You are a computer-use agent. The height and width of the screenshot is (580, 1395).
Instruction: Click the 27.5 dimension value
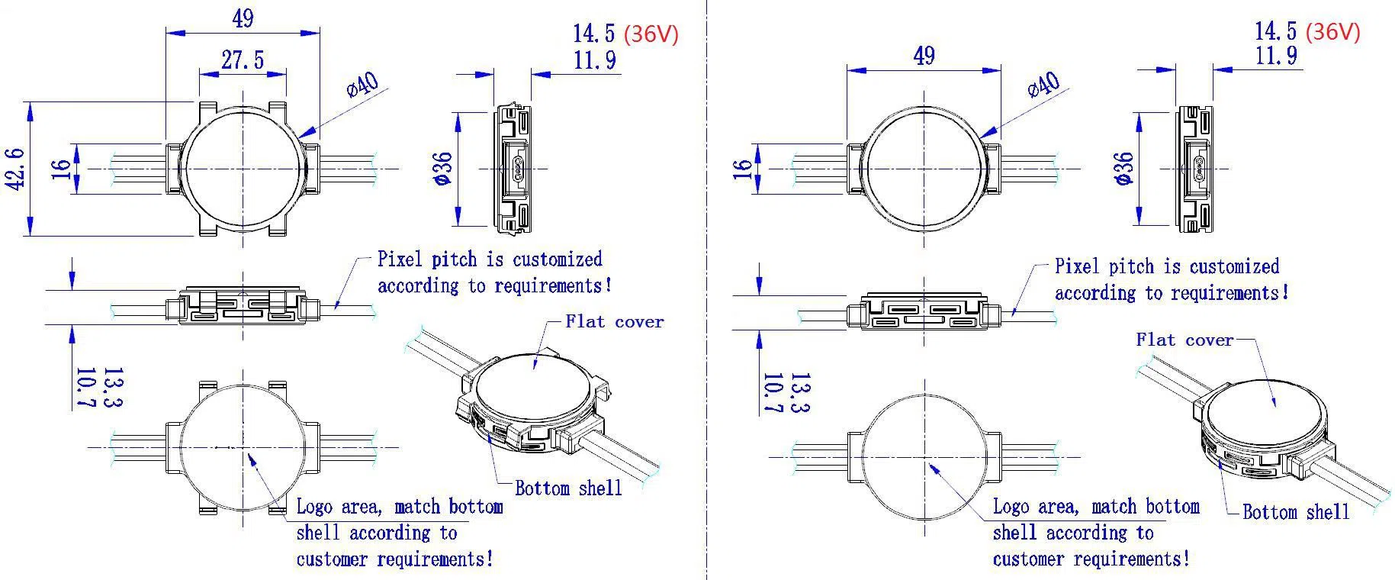coord(243,60)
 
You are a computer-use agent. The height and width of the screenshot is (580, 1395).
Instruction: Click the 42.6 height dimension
coord(17,169)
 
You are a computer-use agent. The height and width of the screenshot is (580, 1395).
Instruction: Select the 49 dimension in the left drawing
coord(243,18)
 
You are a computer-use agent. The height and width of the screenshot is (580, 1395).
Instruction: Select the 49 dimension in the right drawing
coord(924,56)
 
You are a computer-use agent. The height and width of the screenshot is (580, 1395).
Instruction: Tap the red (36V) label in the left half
coord(651,34)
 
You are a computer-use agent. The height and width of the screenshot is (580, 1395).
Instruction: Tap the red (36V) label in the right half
coord(1332,31)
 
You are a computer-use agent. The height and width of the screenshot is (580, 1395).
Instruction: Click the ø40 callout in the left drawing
coord(363,84)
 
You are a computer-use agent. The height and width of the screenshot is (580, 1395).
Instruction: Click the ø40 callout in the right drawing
coord(1044,84)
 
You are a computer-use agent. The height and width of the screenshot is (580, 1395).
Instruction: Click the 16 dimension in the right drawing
coord(744,169)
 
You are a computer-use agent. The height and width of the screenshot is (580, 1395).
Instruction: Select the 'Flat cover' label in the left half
coord(614,322)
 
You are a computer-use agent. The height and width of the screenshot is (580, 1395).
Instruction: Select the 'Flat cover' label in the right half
coord(1184,340)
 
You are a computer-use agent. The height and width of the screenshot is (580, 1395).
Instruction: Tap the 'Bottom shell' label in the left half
coord(568,488)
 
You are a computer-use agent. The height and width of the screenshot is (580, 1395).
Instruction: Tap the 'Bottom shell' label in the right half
coord(1295,511)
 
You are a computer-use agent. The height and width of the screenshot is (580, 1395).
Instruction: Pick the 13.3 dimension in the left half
coord(112,388)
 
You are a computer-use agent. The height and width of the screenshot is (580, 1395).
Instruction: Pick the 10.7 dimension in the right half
coord(773,394)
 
